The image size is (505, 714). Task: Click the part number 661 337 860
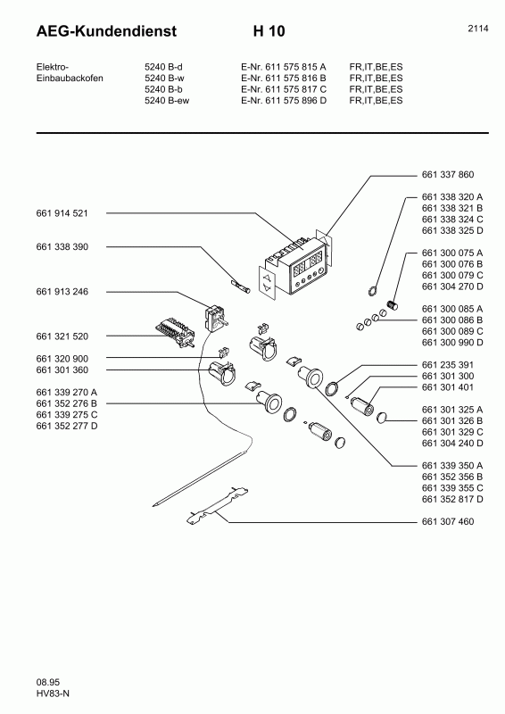pos(448,174)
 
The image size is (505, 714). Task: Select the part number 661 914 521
pos(62,213)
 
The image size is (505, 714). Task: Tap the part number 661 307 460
pos(448,521)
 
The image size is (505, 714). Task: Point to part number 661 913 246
pos(62,292)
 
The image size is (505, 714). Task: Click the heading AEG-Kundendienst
pos(106,31)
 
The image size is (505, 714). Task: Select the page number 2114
pos(478,29)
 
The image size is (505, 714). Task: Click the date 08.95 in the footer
pos(48,682)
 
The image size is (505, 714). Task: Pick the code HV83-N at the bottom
pos(53,693)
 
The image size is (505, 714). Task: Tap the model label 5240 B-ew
pos(167,100)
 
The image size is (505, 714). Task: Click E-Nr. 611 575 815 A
pos(283,66)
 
